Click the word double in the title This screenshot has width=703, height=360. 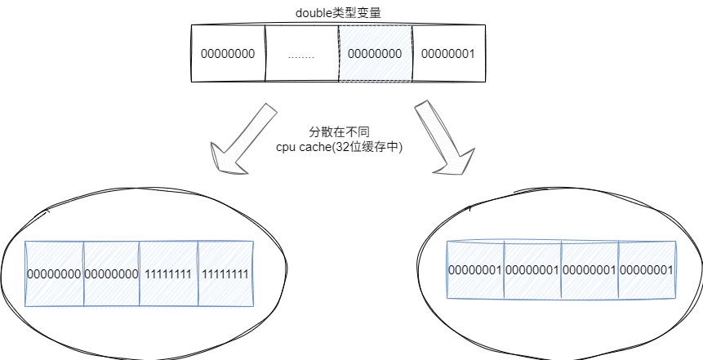[312, 14]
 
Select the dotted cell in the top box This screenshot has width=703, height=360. [301, 54]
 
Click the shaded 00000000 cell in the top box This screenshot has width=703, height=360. [375, 54]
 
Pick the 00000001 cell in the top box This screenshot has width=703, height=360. [447, 54]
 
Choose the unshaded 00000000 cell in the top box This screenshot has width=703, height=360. [228, 54]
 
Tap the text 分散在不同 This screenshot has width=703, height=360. [335, 131]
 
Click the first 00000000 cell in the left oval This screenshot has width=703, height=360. [54, 273]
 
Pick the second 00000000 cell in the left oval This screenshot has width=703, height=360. [111, 273]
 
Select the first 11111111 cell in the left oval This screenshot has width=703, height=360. [168, 273]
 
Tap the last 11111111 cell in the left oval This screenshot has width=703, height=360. [225, 273]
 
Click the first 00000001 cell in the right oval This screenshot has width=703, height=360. [475, 269]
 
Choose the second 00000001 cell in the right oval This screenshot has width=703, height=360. [532, 269]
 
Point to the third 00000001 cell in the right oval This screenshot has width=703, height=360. [590, 269]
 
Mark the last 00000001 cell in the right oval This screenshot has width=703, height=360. [647, 269]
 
